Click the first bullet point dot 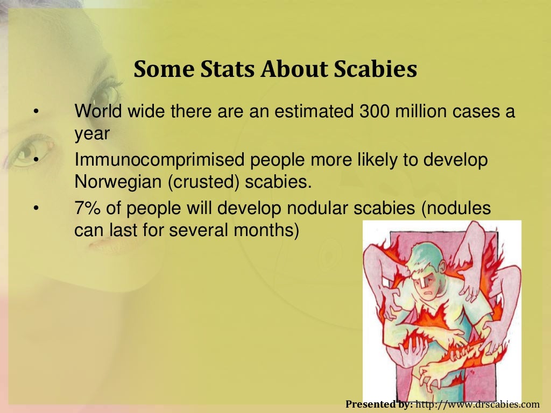point(36,112)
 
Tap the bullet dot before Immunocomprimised point(36,160)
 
